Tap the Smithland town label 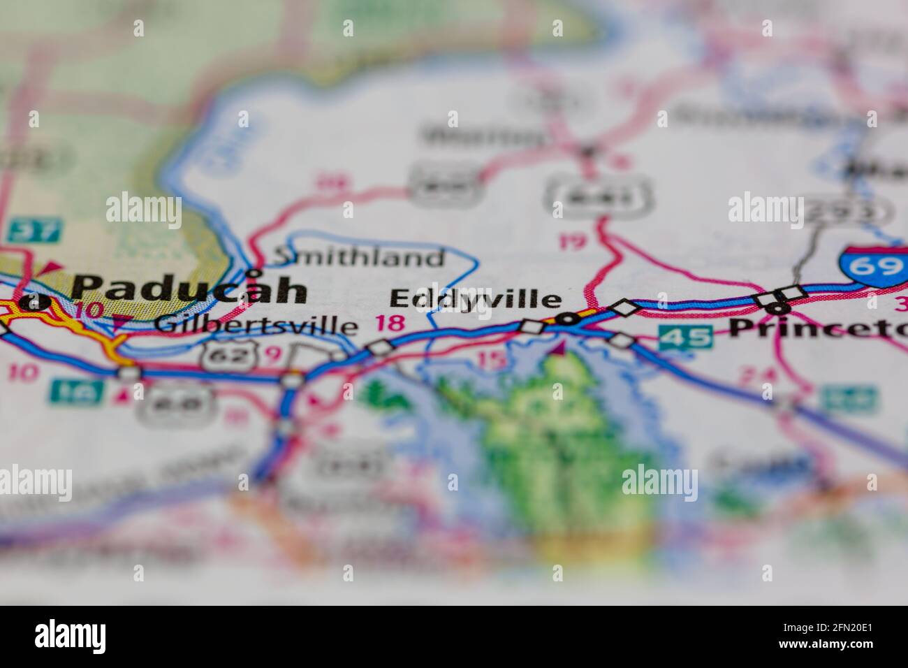(358, 258)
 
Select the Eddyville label (475, 299)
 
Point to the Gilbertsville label (256, 325)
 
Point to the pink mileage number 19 (573, 242)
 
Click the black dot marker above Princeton (777, 308)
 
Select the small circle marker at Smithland (254, 273)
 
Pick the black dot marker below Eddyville (569, 319)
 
